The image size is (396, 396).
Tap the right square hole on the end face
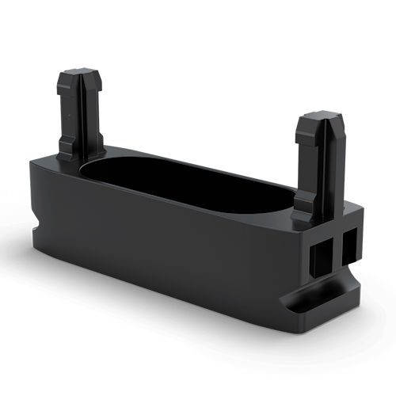pos(348,249)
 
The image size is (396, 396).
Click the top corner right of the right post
pos(354,210)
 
